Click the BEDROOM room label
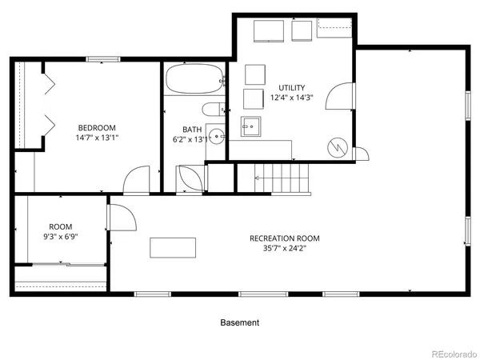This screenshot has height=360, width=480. click(97, 127)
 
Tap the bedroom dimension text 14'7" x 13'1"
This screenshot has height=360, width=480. click(97, 138)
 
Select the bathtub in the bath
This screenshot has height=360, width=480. click(194, 80)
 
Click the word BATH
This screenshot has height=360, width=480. click(192, 130)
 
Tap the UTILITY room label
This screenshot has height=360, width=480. click(291, 88)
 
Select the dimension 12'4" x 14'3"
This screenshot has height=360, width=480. click(291, 98)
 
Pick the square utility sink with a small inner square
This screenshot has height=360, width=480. click(252, 126)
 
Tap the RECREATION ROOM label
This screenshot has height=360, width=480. click(285, 238)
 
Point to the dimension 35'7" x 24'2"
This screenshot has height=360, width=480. click(285, 249)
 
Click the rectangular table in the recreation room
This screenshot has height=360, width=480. click(172, 247)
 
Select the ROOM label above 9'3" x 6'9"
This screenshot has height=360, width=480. click(61, 226)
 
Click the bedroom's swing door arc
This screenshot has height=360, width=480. click(138, 179)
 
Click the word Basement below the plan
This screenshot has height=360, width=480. click(240, 323)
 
